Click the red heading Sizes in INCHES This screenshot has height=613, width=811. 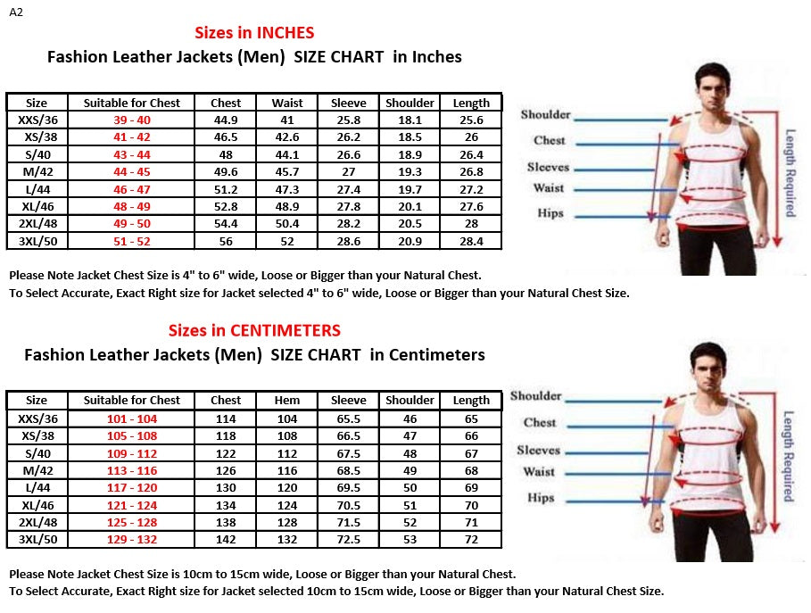[x=254, y=33]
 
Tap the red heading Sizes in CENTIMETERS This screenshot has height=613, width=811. [x=254, y=331]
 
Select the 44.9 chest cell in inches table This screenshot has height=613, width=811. [x=226, y=120]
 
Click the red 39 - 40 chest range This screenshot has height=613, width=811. [x=132, y=120]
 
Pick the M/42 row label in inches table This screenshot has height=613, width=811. [x=37, y=171]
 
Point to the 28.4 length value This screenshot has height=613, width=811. [x=471, y=241]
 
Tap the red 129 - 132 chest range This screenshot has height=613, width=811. [x=132, y=540]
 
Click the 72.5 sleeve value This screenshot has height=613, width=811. [x=348, y=540]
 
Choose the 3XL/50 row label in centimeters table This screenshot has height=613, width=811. [x=37, y=540]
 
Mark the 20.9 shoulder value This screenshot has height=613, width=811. [x=410, y=241]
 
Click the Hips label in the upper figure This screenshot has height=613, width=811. [x=550, y=213]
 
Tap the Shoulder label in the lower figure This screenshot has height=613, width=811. [x=535, y=396]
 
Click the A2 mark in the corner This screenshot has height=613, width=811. [x=16, y=12]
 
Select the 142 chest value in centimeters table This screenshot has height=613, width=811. [x=226, y=540]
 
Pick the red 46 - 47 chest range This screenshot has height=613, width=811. [x=132, y=189]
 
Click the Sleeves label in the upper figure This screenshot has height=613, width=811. [x=548, y=167]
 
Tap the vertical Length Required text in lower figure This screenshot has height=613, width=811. [x=789, y=455]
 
